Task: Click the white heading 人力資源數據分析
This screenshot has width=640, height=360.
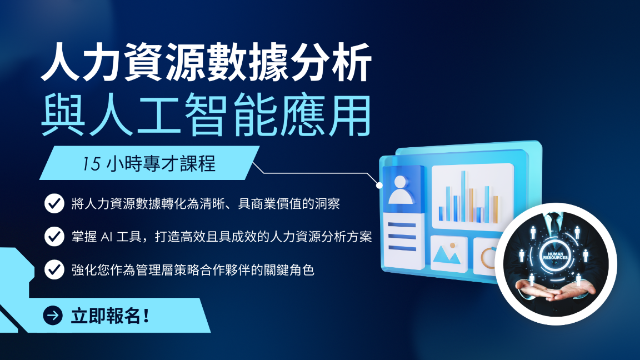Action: [x=206, y=62]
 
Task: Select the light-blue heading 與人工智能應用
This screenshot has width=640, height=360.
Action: [x=206, y=114]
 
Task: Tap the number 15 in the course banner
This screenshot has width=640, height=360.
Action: [x=91, y=164]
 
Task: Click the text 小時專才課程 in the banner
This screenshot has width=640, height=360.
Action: [x=161, y=163]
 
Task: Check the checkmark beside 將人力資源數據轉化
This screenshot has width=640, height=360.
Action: [x=54, y=203]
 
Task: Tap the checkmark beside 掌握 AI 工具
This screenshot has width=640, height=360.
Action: [x=54, y=236]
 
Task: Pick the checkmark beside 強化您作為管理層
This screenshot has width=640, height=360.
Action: [x=54, y=269]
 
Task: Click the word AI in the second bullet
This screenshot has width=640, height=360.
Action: [x=106, y=237]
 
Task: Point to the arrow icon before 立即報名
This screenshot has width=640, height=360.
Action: [x=53, y=315]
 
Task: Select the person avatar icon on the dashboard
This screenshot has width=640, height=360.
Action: [x=401, y=190]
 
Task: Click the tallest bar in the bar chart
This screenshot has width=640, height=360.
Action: [x=463, y=196]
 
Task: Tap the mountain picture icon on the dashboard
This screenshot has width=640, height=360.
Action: [x=447, y=254]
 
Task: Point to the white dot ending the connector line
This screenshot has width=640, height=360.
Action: [x=379, y=186]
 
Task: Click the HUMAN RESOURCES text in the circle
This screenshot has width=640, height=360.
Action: [x=555, y=256]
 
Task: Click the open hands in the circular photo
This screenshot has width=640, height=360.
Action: [x=556, y=289]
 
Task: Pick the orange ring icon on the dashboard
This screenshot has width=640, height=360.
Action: [x=489, y=258]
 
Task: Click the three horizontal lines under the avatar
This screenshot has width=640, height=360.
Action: [x=402, y=236]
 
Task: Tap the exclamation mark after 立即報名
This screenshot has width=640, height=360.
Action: [x=147, y=316]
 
